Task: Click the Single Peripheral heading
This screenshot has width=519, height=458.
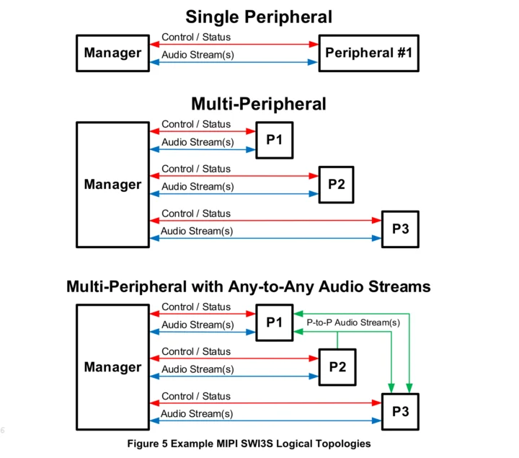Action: click(258, 17)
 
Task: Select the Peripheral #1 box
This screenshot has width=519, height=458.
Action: click(370, 53)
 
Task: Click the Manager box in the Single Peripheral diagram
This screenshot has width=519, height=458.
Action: click(112, 53)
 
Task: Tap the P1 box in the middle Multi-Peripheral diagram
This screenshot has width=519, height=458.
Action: click(274, 140)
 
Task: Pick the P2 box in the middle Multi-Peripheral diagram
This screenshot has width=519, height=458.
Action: click(336, 184)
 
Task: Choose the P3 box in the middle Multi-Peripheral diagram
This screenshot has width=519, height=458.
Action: click(400, 229)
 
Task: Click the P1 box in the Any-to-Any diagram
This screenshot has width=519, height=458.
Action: click(274, 322)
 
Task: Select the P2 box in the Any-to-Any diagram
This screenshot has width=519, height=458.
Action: click(337, 366)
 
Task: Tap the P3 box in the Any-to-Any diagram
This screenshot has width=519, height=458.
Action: click(400, 412)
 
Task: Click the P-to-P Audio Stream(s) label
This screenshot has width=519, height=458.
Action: click(353, 322)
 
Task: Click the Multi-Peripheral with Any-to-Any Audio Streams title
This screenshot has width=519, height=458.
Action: click(249, 286)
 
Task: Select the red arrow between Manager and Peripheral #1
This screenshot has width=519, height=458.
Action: click(234, 45)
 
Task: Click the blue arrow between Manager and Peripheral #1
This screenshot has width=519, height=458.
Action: click(234, 62)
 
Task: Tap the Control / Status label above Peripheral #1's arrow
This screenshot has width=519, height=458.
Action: click(196, 37)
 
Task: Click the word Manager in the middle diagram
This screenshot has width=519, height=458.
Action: click(112, 185)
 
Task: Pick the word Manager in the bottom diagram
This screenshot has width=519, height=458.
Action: click(112, 367)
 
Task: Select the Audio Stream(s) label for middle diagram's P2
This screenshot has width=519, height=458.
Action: click(198, 187)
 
